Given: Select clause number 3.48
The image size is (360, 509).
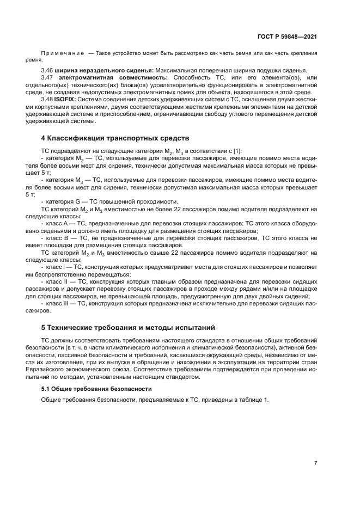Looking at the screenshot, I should click(48, 100).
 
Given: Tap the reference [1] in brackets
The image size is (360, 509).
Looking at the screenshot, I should click(237, 150).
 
